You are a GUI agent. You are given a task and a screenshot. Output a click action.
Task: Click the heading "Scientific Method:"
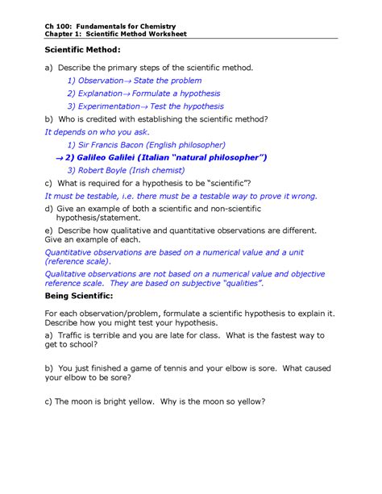pyautogui.click(x=81, y=51)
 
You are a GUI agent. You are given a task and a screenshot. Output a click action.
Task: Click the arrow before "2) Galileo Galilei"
pyautogui.click(x=59, y=157)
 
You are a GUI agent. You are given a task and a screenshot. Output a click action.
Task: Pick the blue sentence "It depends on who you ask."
pyautogui.click(x=97, y=131)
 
